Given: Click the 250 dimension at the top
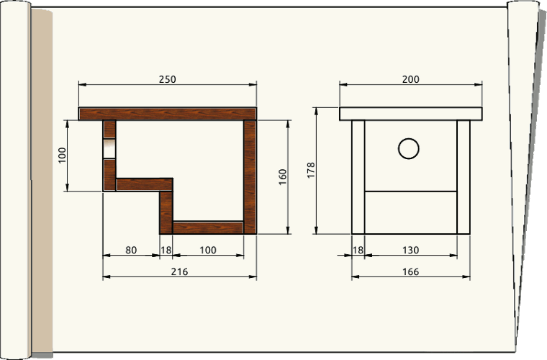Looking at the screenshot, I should tap(167, 79).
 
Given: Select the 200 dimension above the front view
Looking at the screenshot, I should tap(410, 79).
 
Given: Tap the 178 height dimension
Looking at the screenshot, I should tap(311, 170).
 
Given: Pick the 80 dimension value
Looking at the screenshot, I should tap(131, 250).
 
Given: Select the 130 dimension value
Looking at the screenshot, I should tap(410, 250).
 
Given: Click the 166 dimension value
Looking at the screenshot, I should tap(410, 271).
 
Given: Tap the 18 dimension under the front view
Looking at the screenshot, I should tap(358, 250).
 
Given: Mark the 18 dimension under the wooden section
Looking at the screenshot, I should tap(166, 250).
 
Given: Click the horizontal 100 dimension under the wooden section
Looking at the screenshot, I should tap(207, 250).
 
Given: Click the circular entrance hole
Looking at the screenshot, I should tap(408, 148).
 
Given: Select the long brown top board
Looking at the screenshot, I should tap(167, 114).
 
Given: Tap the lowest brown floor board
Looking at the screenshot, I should tap(209, 228).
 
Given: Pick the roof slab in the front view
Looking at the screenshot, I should tap(411, 114).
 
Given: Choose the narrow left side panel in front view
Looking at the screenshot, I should tap(358, 176).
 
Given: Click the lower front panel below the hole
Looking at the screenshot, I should tap(410, 212).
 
